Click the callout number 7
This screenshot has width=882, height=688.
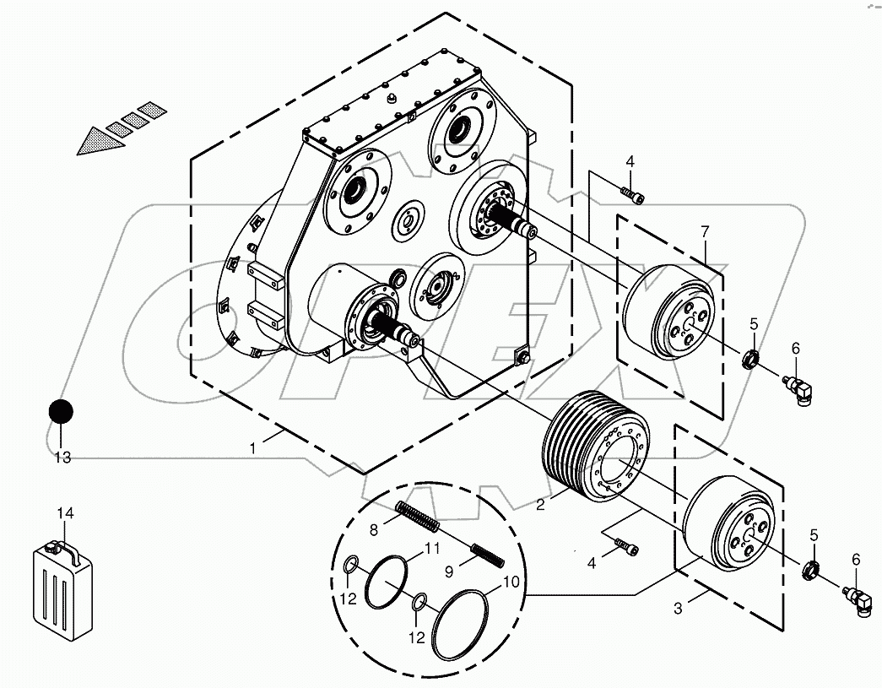click(x=705, y=231)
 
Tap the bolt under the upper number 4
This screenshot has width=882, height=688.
click(x=633, y=195)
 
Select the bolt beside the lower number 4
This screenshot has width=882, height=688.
click(x=625, y=547)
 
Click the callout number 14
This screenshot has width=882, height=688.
click(x=65, y=513)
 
